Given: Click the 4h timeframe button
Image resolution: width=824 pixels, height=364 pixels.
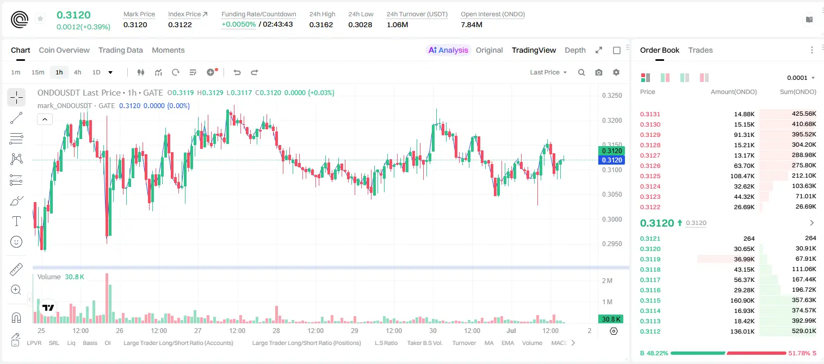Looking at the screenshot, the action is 77,72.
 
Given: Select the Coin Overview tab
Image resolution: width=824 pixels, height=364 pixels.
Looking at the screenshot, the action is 64,51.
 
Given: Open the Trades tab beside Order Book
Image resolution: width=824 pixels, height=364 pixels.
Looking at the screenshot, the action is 701,51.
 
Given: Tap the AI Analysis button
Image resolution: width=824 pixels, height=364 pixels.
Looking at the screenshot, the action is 448,51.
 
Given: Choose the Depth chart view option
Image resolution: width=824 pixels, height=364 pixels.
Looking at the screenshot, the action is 575,51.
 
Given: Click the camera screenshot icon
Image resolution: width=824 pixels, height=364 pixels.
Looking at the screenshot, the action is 599,72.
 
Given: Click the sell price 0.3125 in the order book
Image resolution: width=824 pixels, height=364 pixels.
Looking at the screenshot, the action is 650,176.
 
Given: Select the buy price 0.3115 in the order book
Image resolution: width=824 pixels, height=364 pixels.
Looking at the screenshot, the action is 650,300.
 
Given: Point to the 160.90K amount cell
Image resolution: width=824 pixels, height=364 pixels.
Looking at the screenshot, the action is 742,300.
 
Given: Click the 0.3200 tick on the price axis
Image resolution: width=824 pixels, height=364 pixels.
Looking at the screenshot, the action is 612,121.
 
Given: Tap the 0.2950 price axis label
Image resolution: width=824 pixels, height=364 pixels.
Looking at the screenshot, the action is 612,244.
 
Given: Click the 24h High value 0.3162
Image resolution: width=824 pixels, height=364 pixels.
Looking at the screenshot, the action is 321,24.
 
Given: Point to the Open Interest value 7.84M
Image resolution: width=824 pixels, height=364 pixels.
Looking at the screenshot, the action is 472,24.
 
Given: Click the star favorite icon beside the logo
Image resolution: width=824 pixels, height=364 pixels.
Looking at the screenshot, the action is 40,18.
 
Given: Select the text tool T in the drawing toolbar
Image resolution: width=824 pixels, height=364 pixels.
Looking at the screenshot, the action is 16,221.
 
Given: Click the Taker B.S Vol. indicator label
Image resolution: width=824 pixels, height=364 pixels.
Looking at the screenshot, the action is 424,343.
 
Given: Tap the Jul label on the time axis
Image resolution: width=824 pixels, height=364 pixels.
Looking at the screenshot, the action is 511,330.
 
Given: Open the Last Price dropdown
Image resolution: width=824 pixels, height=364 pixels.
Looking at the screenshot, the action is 548,72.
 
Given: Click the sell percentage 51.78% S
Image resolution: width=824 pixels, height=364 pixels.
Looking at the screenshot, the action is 802,353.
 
